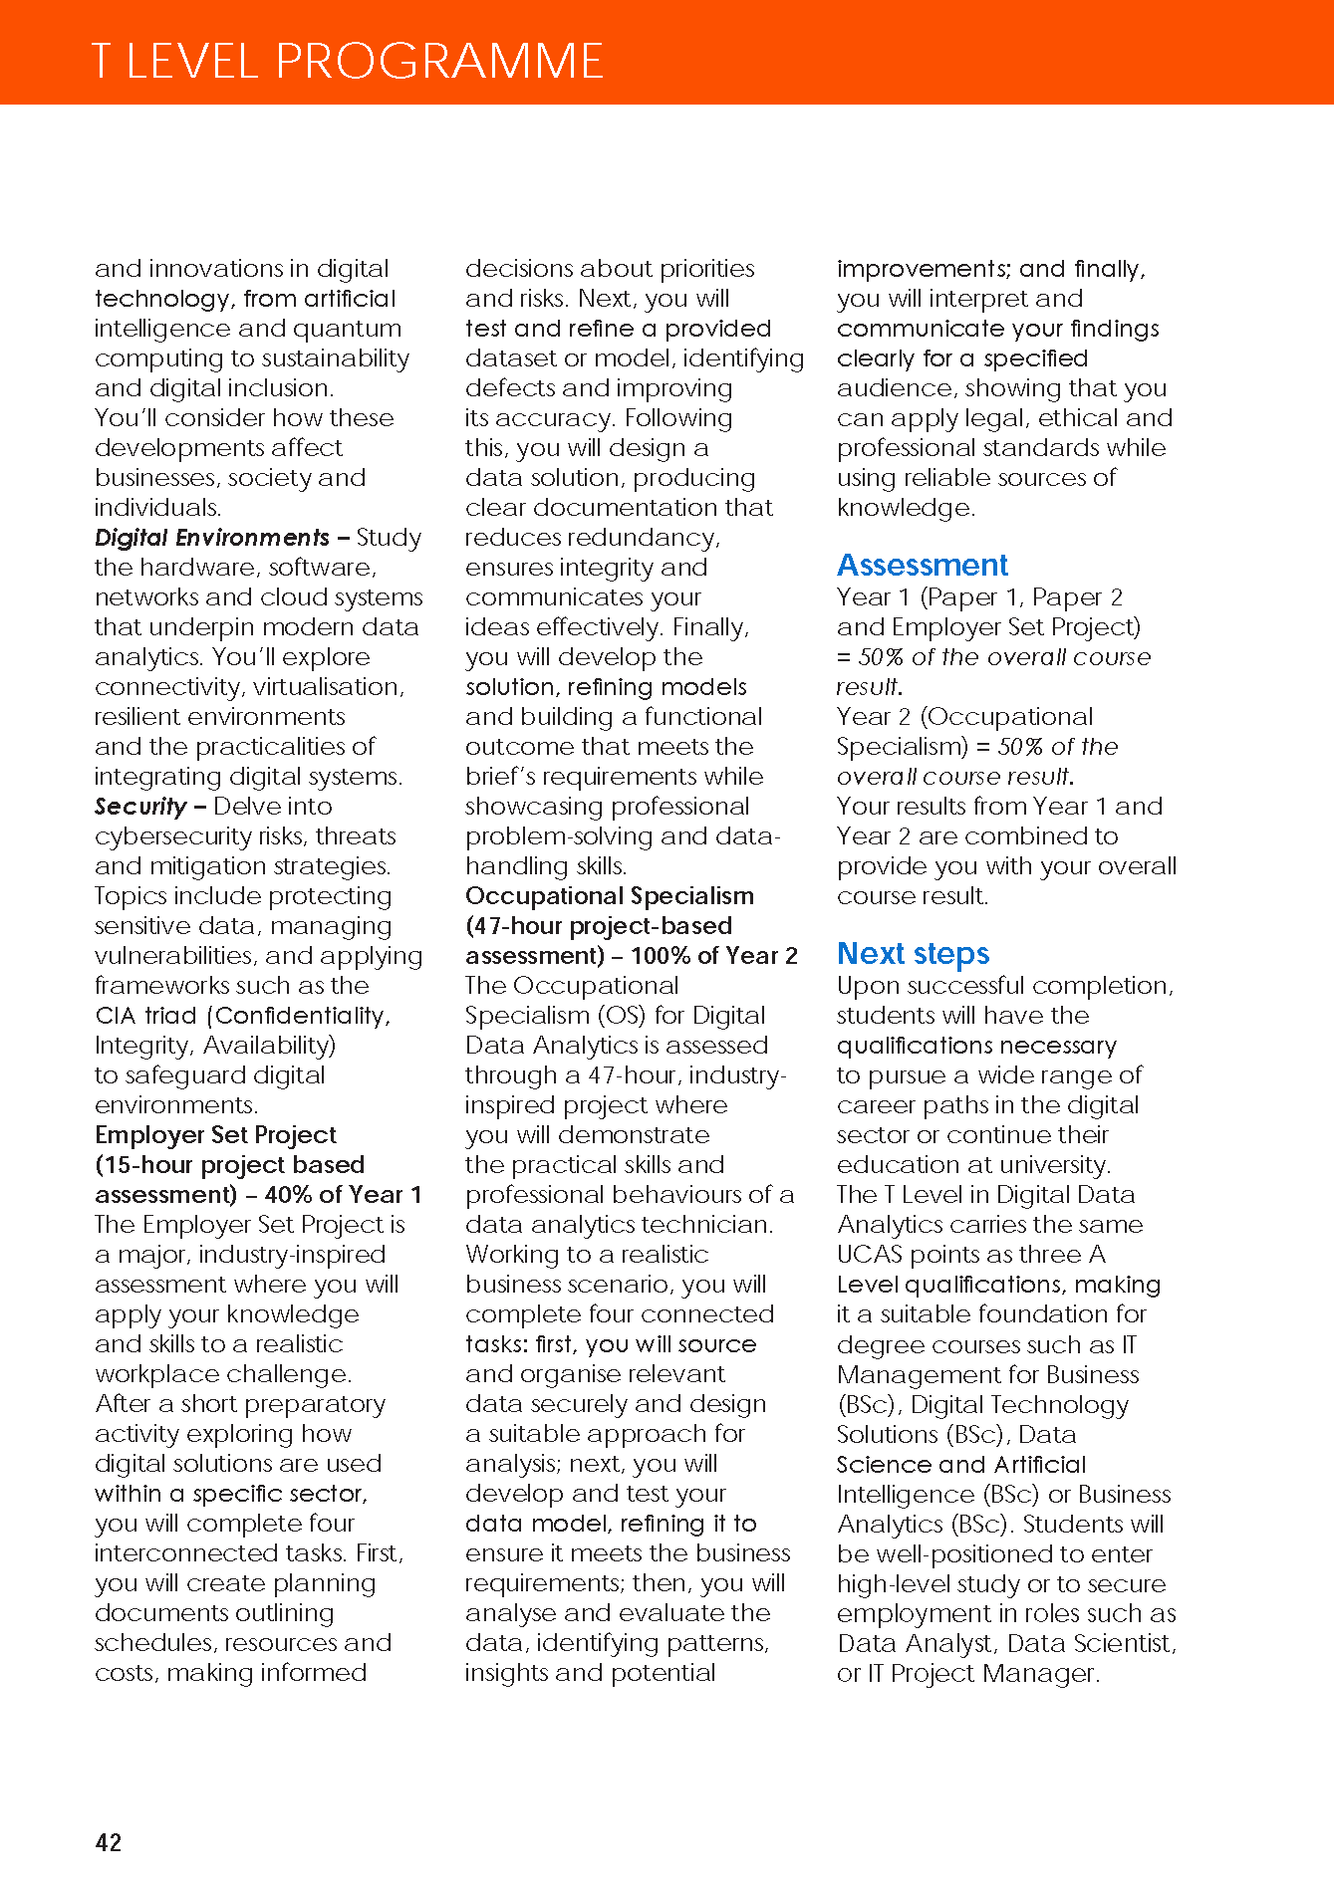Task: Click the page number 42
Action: click(x=109, y=1842)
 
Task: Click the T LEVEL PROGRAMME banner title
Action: click(x=347, y=61)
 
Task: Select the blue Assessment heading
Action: click(x=922, y=566)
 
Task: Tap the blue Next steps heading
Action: click(x=913, y=954)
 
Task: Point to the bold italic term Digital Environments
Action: click(x=211, y=538)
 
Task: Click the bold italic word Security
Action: click(x=140, y=807)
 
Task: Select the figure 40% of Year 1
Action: click(x=344, y=1195)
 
